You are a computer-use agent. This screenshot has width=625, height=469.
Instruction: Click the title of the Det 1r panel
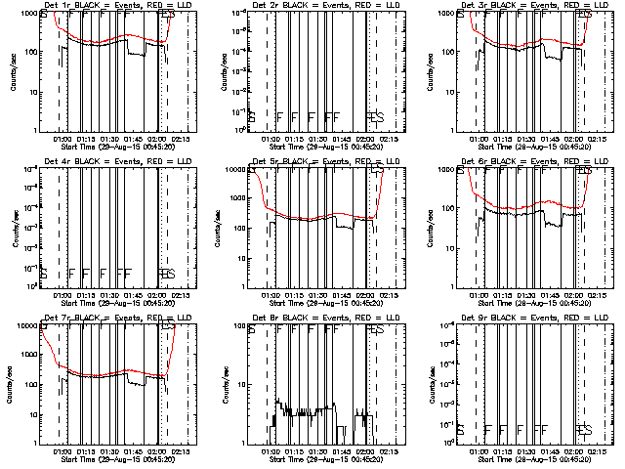(107, 5)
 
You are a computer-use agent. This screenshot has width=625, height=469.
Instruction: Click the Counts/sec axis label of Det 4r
(13, 229)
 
